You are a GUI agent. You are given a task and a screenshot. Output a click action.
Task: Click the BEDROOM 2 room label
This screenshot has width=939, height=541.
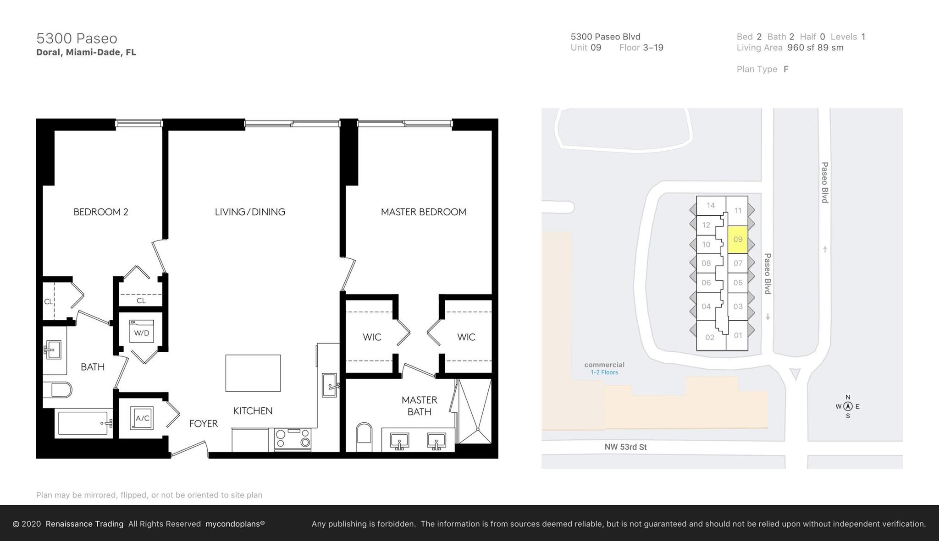101,212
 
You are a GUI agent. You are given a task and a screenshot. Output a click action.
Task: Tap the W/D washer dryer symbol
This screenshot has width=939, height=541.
141,332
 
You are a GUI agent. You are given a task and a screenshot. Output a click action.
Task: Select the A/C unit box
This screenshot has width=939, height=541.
142,418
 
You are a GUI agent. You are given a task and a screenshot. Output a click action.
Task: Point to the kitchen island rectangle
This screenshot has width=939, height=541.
253,373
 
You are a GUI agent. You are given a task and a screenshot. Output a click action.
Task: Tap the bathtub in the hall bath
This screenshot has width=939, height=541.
84,423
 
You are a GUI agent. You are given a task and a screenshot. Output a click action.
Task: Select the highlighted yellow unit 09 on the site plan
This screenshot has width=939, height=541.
738,239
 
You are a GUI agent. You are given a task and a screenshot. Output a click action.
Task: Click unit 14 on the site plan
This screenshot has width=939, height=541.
711,205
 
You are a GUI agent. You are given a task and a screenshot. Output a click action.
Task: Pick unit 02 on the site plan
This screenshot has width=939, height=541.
710,337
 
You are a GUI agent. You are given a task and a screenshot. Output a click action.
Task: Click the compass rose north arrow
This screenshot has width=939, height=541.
848,406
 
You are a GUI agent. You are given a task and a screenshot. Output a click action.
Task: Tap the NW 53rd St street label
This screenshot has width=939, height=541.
625,447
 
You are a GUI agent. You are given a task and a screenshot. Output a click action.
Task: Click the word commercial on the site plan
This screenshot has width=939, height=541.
604,365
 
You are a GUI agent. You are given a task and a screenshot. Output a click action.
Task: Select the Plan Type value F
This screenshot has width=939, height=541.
786,69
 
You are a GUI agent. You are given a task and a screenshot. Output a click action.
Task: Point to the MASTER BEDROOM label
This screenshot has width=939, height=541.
423,212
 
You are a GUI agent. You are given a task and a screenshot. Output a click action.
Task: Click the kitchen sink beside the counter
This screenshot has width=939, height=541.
329,385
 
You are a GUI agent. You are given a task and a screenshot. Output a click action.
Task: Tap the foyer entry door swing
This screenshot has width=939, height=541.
189,448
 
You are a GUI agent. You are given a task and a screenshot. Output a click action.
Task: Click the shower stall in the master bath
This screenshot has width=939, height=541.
475,411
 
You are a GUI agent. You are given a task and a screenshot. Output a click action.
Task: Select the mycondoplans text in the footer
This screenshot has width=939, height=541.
235,524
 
